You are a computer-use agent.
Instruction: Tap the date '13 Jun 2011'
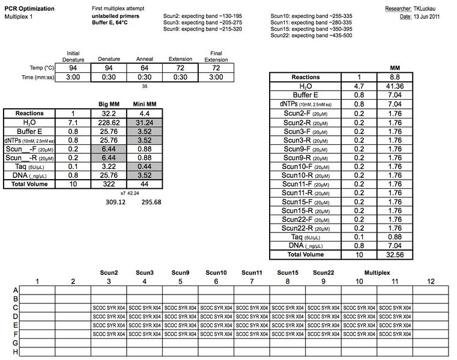[431, 17]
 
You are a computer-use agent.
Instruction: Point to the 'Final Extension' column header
[216, 56]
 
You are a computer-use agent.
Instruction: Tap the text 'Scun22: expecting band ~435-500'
[311, 35]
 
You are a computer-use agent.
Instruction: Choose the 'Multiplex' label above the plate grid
[377, 273]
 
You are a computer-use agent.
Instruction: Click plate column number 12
[430, 281]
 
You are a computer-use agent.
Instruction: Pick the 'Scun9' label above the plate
[180, 273]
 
